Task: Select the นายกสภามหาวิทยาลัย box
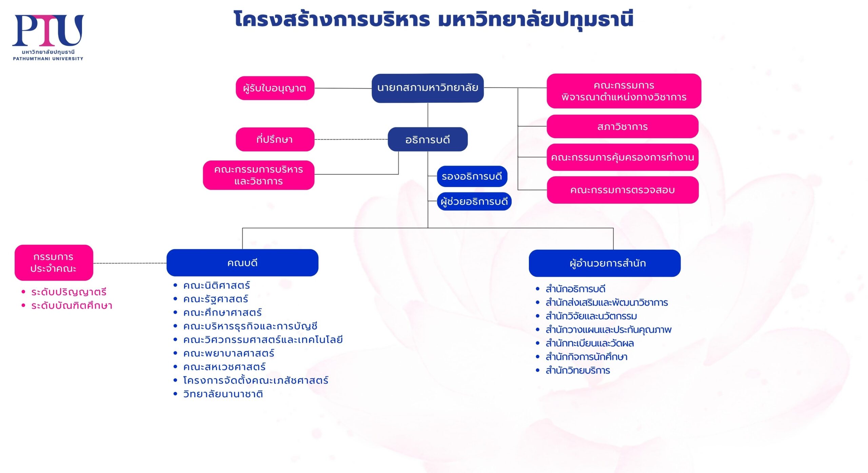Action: tap(428, 88)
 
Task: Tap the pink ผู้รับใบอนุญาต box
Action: tap(275, 88)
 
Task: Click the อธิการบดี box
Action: tap(428, 139)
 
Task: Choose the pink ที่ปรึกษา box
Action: tap(275, 139)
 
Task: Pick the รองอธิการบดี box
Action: tap(472, 176)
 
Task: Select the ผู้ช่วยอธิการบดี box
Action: tap(474, 202)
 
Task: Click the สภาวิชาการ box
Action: tap(623, 126)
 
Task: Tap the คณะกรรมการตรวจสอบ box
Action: tap(623, 190)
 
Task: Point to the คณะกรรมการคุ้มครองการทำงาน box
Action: tap(623, 157)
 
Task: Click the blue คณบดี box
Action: tap(242, 263)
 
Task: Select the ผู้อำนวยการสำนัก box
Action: tap(605, 263)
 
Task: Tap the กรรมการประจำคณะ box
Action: tap(54, 263)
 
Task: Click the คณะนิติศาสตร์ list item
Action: tap(216, 286)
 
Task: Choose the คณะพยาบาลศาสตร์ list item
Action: tap(229, 353)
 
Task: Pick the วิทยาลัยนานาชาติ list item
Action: tap(223, 394)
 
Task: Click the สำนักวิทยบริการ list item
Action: tap(578, 370)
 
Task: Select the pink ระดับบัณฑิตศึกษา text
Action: tap(72, 306)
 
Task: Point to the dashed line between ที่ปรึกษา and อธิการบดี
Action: tap(351, 139)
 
